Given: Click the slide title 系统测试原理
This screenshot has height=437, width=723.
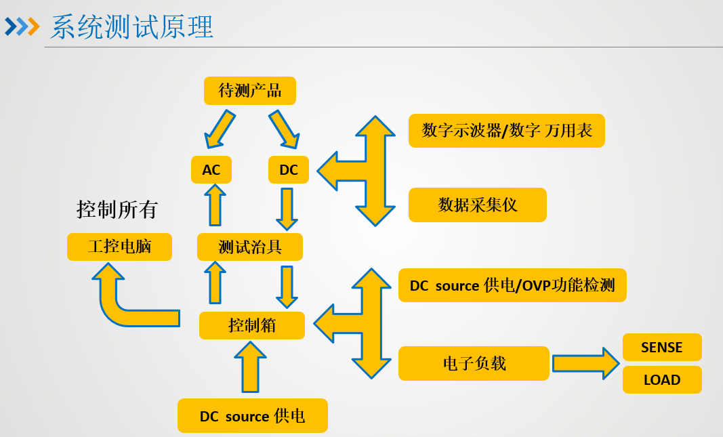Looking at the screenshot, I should coord(132,27).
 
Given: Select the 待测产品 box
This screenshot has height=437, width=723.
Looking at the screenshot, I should coord(250,91).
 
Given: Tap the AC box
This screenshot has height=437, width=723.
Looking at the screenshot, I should coord(211,169).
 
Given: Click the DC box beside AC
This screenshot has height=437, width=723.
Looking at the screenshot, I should coord(289,169).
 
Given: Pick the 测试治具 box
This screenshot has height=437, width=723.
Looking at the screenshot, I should coord(250,247).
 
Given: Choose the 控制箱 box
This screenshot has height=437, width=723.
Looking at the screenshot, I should coord(252,325).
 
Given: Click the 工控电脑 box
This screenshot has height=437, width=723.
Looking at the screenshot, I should coord(119,247).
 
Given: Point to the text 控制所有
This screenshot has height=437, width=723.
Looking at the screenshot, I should coord(117,209).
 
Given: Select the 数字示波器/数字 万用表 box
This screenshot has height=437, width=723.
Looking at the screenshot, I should coord(507,131).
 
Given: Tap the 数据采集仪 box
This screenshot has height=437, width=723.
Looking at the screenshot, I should coord(478,205).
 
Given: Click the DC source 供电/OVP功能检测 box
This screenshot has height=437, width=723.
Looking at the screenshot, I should coord(512,285).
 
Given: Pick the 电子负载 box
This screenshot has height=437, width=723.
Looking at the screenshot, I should coord(474,363).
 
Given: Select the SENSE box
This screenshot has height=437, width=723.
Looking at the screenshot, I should coord(662,348).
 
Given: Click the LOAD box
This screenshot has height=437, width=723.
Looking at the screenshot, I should coord(662,380).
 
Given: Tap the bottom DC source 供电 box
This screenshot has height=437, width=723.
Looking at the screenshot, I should coord(253,415).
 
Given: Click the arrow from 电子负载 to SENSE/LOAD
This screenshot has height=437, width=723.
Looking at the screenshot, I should coord(585,363).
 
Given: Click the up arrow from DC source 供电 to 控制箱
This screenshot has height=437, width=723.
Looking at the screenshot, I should coord(251,367).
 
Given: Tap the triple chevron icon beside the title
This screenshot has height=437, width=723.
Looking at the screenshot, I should coord(22,27).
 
